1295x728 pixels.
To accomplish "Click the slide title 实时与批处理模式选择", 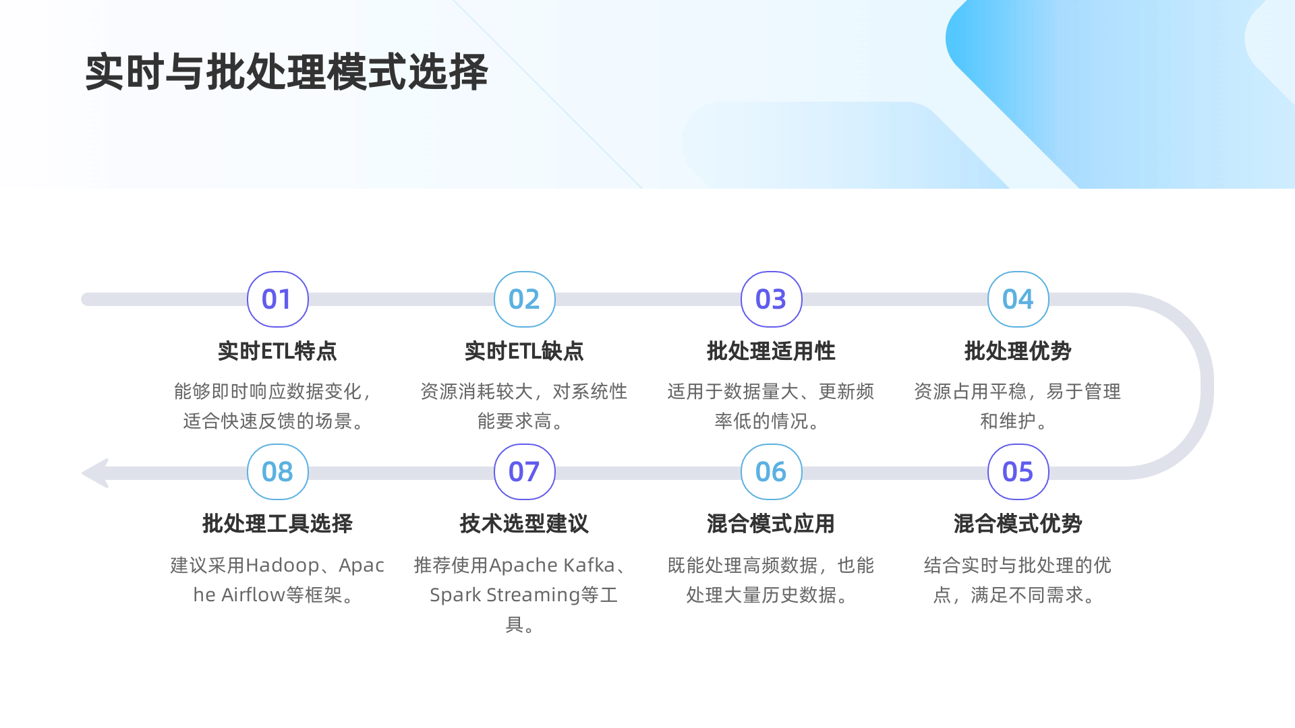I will [x=286, y=72].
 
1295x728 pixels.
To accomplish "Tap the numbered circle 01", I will [x=277, y=299].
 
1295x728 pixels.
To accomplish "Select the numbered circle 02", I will [x=524, y=299].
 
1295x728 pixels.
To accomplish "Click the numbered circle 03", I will [x=771, y=299].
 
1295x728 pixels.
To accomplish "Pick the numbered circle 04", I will [x=1018, y=299].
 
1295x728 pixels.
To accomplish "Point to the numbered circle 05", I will [x=1018, y=472].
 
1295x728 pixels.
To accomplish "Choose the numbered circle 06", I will [x=771, y=472].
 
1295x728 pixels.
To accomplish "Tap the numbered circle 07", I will [x=524, y=472].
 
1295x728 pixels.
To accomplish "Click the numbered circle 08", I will [x=277, y=472].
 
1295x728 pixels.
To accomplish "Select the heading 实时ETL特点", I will [x=277, y=351].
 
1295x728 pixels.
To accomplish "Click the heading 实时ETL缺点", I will [x=524, y=351].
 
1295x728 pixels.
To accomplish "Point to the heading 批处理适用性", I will [x=771, y=351].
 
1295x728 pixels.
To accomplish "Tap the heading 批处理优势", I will [x=1018, y=351].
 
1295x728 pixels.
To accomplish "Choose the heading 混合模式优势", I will [x=1018, y=524].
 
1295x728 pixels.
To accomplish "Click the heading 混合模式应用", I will [x=771, y=524].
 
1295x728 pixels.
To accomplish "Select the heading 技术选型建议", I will [x=524, y=524].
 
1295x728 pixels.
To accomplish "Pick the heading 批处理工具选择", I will [x=277, y=524].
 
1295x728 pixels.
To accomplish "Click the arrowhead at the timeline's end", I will [x=96, y=473].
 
